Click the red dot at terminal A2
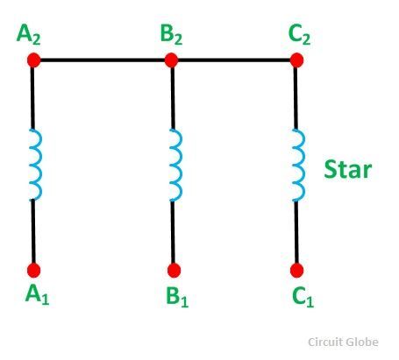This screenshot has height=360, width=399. click(x=34, y=60)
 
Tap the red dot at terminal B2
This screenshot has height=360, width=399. click(x=171, y=60)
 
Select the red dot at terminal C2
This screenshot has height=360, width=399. click(x=296, y=60)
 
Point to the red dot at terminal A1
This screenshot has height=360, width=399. click(x=34, y=270)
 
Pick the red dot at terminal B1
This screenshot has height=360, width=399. click(x=174, y=270)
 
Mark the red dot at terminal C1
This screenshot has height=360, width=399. click(x=296, y=270)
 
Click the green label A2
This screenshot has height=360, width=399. click(x=29, y=35)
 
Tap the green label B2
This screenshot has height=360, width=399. click(x=171, y=35)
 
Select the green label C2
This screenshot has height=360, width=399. click(x=299, y=35)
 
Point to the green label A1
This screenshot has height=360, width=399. click(x=37, y=295)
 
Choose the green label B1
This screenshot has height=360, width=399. click(x=177, y=297)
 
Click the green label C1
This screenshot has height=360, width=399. click(x=303, y=297)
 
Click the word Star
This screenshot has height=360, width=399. click(x=348, y=169)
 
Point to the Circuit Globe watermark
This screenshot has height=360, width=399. click(x=343, y=342)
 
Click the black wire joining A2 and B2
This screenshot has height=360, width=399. click(x=103, y=60)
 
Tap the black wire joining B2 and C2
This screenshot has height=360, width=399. click(x=234, y=60)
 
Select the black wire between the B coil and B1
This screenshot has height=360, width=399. click(x=173, y=232)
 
